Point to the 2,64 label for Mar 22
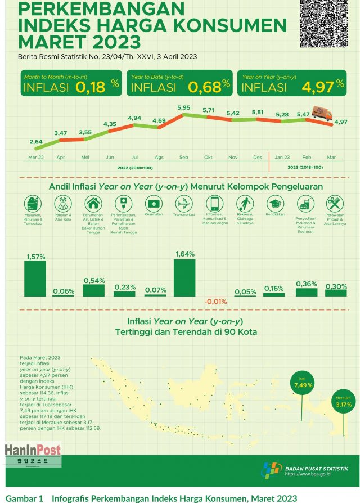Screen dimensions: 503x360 tap(36, 142)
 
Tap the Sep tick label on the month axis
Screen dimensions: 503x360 tap(184, 158)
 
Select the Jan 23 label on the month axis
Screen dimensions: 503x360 tap(282, 158)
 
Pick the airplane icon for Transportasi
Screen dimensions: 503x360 tap(184, 203)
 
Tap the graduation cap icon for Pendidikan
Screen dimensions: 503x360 tap(274, 203)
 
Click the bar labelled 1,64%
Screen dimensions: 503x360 tap(184, 277)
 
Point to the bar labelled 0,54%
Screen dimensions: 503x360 tap(93, 290)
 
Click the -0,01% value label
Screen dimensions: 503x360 tap(214, 302)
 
